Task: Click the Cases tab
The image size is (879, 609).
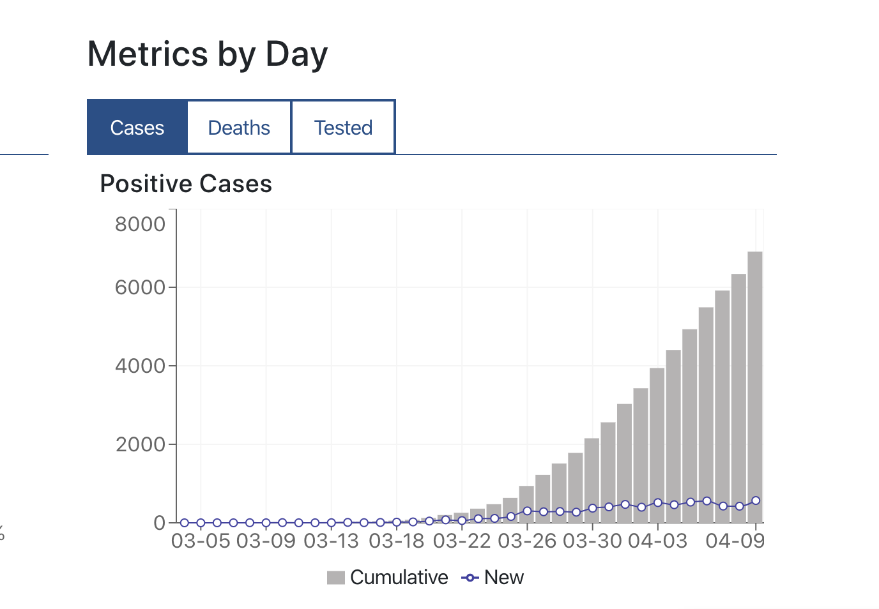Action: (x=137, y=128)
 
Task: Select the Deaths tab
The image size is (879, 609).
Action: (x=239, y=128)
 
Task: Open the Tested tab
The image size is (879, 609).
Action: (x=343, y=128)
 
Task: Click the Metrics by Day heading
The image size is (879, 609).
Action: (x=208, y=54)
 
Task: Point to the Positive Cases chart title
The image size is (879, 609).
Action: (x=186, y=184)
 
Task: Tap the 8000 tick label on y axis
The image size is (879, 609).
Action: (x=140, y=224)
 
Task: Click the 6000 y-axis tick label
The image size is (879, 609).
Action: (x=140, y=287)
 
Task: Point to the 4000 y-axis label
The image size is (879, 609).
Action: (x=140, y=366)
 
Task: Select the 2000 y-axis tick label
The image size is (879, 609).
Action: (x=140, y=444)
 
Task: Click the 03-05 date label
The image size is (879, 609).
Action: (x=201, y=541)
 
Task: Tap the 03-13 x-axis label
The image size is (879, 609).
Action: (x=331, y=541)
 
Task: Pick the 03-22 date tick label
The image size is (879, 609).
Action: (x=462, y=541)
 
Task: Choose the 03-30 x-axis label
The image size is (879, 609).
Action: (x=592, y=541)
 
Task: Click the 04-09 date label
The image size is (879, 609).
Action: (x=735, y=541)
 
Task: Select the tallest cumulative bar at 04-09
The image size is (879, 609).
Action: (x=755, y=383)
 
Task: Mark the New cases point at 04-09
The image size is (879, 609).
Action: (x=756, y=500)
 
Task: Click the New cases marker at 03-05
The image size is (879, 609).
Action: (x=201, y=523)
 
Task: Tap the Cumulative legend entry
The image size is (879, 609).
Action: (x=388, y=578)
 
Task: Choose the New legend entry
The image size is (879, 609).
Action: (x=493, y=578)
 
